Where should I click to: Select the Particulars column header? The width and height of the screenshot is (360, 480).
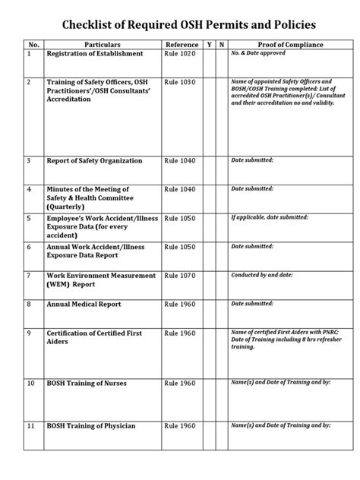pyautogui.click(x=103, y=46)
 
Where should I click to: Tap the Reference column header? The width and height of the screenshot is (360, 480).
pyautogui.click(x=182, y=46)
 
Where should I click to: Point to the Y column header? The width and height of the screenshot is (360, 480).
pyautogui.click(x=210, y=46)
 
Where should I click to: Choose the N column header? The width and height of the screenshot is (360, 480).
pyautogui.click(x=221, y=46)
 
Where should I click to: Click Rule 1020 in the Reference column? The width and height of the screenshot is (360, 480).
pyautogui.click(x=180, y=55)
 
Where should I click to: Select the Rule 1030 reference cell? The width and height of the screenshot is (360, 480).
pyautogui.click(x=180, y=81)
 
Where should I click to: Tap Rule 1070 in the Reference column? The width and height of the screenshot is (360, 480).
pyautogui.click(x=180, y=276)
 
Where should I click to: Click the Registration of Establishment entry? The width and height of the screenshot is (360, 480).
pyautogui.click(x=95, y=55)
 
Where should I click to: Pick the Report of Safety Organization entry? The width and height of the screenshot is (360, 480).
pyautogui.click(x=94, y=161)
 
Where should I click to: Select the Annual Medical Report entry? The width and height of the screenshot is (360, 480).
pyautogui.click(x=84, y=305)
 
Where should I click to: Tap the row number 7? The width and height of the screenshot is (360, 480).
pyautogui.click(x=29, y=276)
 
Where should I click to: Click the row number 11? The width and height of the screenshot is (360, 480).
pyautogui.click(x=30, y=426)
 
